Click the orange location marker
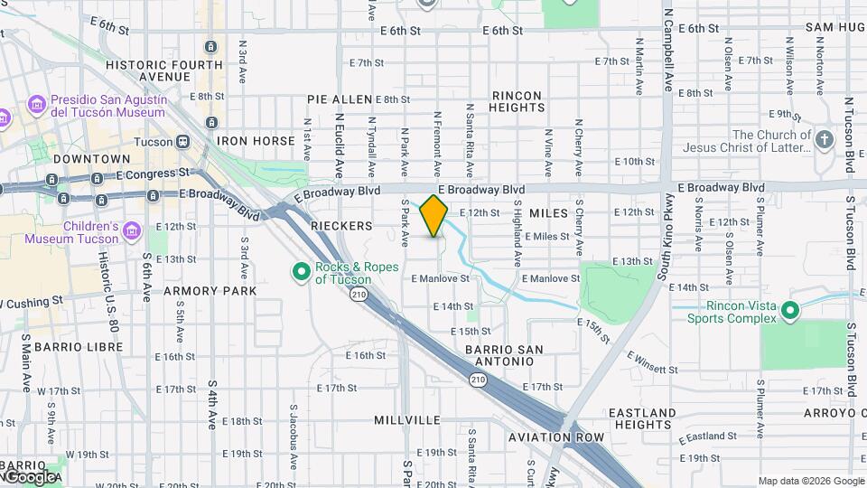[434, 215]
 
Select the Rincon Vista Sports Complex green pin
[791, 312]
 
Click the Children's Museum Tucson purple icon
[133, 230]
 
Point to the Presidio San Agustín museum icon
[37, 105]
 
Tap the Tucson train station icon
[183, 142]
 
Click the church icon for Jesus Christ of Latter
[824, 140]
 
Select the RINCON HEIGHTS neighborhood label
[517, 101]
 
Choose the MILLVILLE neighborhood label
[407, 420]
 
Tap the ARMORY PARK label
[210, 291]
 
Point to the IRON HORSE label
[256, 141]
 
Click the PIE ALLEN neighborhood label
[340, 99]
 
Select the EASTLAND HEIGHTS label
[642, 418]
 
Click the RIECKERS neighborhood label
[341, 225]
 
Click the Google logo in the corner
[30, 476]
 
